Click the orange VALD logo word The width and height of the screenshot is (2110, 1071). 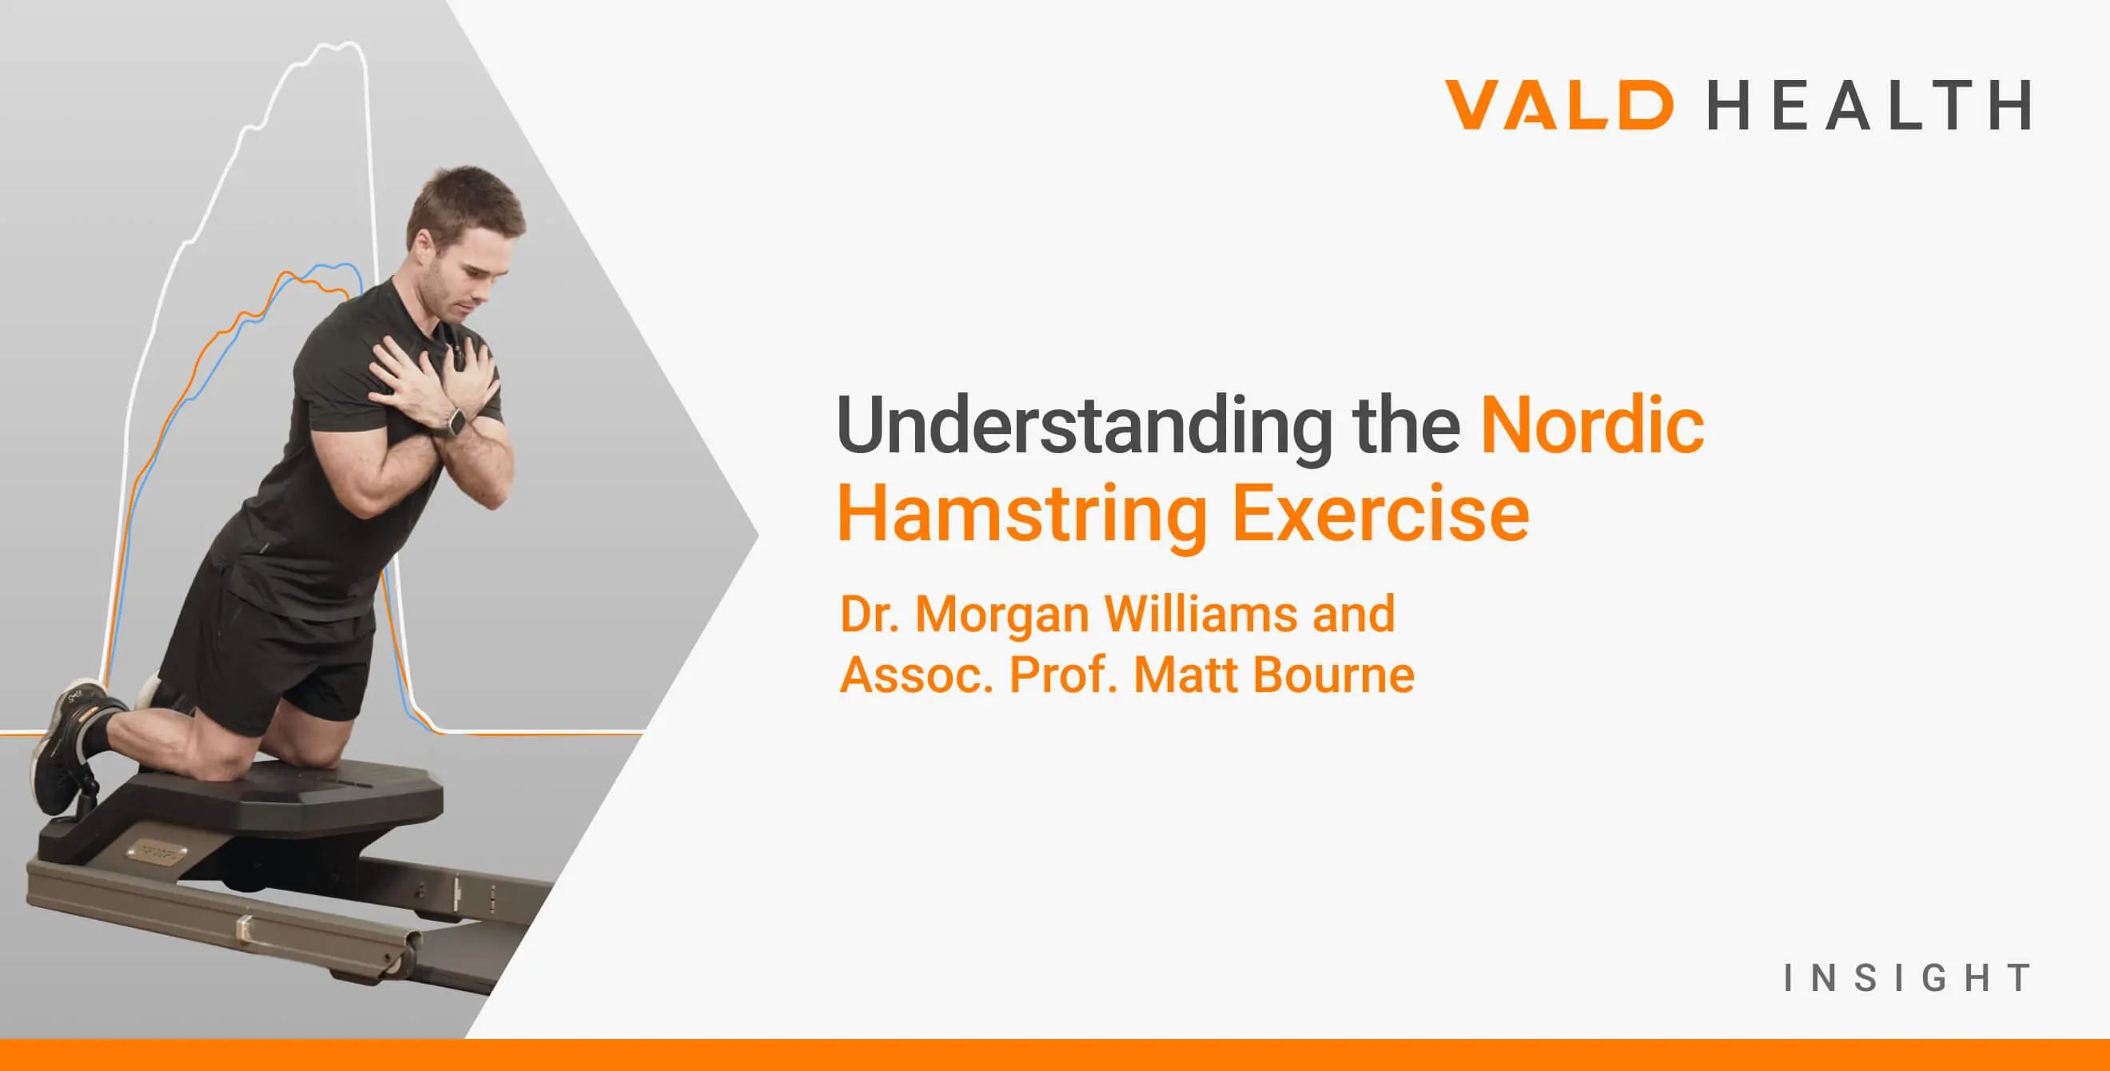click(1559, 105)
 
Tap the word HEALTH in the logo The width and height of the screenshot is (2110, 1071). click(1869, 105)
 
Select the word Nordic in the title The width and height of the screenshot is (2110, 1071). click(1592, 426)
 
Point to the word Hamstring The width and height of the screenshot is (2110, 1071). click(1021, 514)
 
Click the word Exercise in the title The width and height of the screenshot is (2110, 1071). click(1380, 514)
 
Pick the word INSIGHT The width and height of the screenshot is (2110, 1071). click(1907, 978)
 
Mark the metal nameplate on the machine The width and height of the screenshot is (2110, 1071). click(156, 854)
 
